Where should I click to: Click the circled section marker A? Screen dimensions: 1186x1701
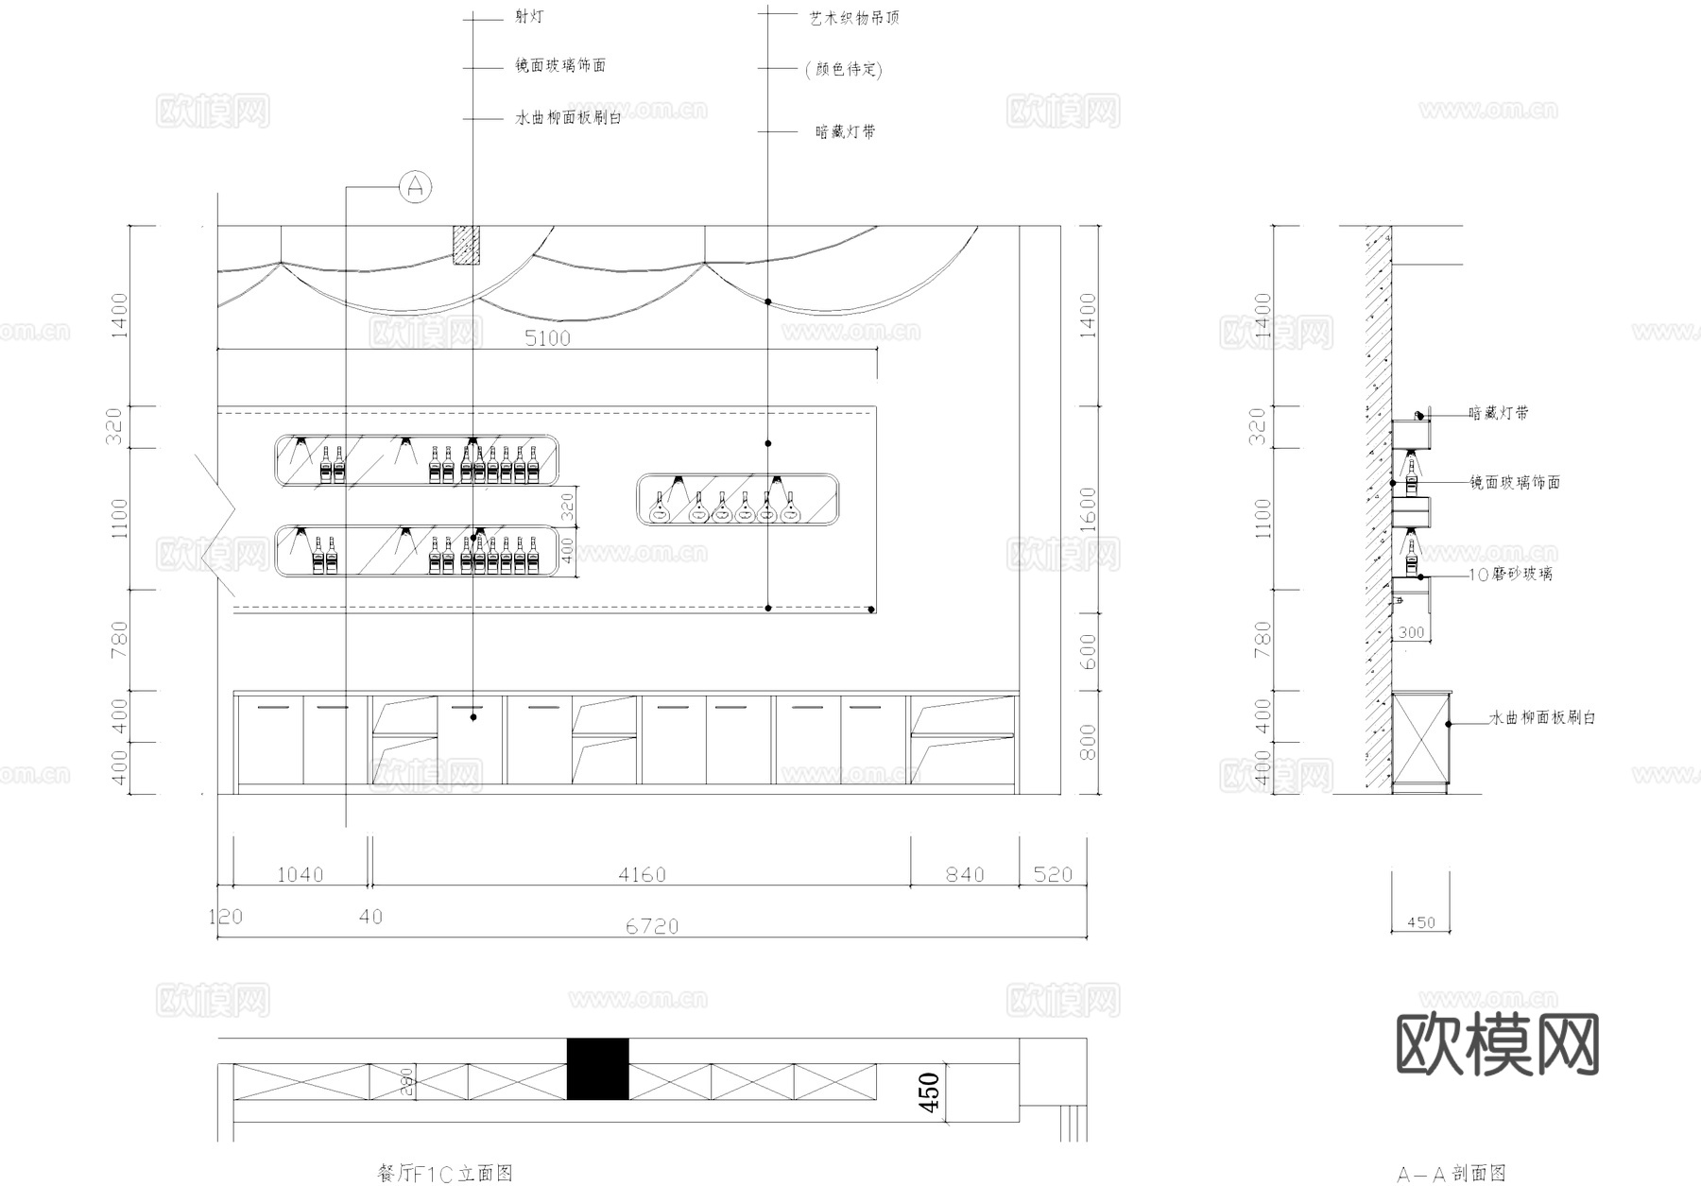coord(415,187)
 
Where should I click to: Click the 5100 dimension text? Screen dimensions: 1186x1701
coord(547,337)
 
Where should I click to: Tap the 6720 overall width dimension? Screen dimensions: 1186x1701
coord(652,926)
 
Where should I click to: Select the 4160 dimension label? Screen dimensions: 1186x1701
coord(642,875)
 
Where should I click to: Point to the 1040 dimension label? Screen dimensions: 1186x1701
coord(300,875)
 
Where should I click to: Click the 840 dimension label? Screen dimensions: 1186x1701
coord(965,875)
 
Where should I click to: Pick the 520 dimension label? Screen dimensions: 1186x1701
coord(1053,875)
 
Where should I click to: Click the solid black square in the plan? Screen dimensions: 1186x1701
coord(597,1069)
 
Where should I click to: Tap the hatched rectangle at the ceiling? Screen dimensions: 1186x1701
coord(466,245)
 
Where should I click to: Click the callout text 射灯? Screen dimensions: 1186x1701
coord(529,17)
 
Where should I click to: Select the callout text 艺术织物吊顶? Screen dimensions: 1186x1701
coord(854,18)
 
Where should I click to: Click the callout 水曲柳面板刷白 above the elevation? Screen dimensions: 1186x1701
coord(568,118)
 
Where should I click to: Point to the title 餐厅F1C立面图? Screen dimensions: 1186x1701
coord(444,1173)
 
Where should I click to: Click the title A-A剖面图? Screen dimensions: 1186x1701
coord(1452,1174)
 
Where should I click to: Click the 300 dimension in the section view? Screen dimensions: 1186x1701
coord(1411,633)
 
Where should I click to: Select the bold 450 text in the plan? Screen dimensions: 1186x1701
coord(929,1091)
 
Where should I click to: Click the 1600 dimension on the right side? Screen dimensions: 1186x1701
coord(1088,510)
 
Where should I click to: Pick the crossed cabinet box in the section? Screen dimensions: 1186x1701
coord(1420,742)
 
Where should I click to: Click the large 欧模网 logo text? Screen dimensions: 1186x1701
coord(1497,1044)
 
